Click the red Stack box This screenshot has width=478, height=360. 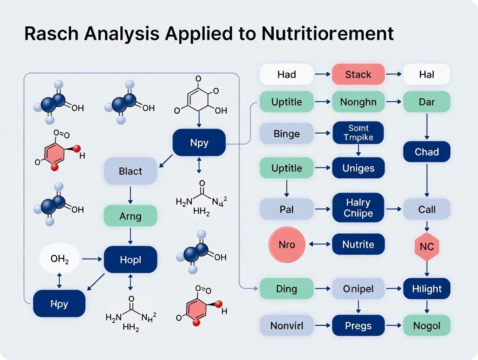click(x=358, y=74)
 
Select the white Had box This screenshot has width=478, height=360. click(x=286, y=74)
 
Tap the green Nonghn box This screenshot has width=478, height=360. click(x=358, y=103)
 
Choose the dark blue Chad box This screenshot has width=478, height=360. click(x=426, y=152)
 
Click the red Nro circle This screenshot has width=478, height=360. click(x=287, y=244)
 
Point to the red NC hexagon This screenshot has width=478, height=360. click(x=426, y=247)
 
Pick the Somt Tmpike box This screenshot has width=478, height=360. click(x=358, y=132)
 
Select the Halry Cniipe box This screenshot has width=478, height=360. click(x=358, y=207)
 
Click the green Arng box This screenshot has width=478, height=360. click(x=130, y=215)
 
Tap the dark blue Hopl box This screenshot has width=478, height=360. click(x=130, y=260)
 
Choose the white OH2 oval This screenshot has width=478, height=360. click(x=59, y=259)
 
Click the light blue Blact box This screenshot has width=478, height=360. click(x=130, y=171)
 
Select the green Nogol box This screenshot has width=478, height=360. click(x=426, y=325)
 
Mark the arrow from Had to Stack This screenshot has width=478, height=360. click(x=322, y=74)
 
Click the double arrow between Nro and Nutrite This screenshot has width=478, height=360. click(x=320, y=244)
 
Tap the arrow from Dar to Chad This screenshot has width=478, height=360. click(x=426, y=127)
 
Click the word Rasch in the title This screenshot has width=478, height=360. click(x=51, y=34)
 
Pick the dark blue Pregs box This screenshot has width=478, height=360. click(x=358, y=325)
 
